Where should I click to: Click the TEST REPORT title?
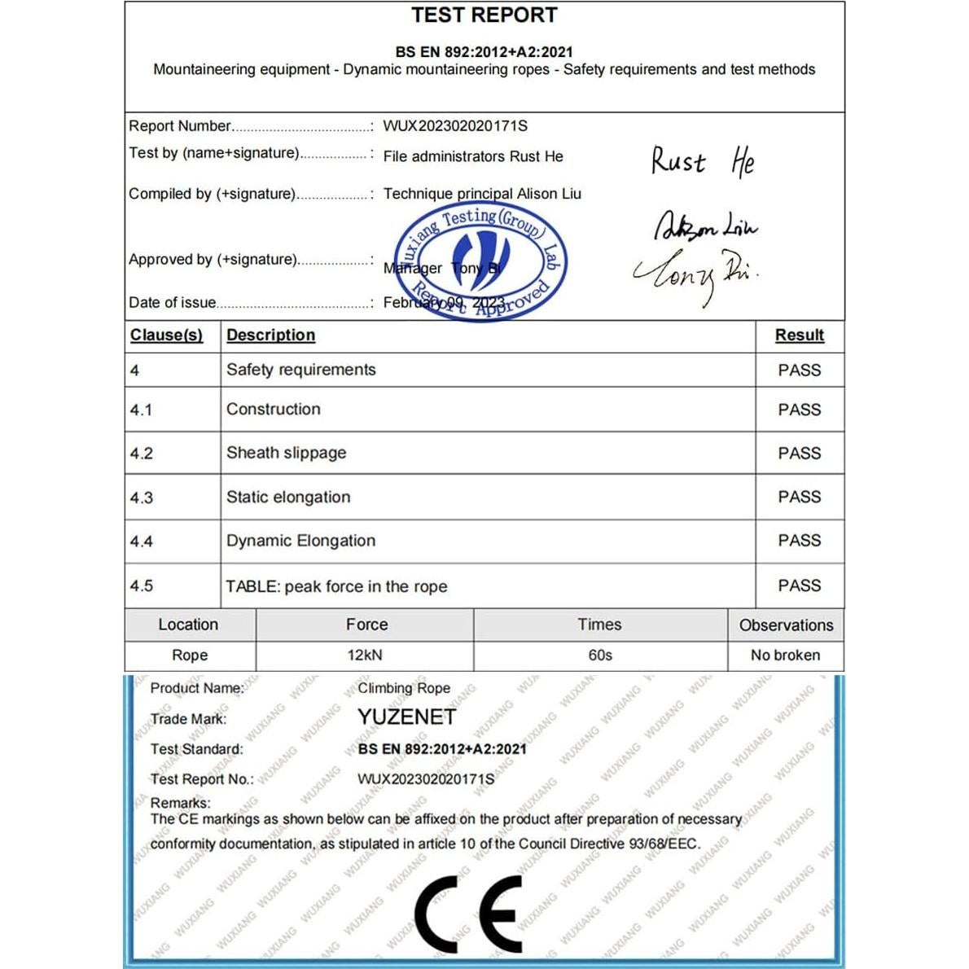click(x=484, y=15)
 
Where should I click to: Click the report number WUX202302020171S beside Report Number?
click(x=455, y=126)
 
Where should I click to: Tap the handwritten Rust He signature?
click(x=703, y=161)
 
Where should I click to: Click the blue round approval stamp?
click(x=480, y=261)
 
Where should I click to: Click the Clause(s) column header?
click(x=166, y=335)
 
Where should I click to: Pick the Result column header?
click(x=799, y=335)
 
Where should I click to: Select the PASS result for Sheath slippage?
click(x=799, y=454)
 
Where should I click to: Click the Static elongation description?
click(x=288, y=498)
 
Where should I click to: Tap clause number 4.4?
click(x=142, y=541)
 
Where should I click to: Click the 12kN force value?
click(x=364, y=655)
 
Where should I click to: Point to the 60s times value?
click(x=600, y=655)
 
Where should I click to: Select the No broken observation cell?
click(x=785, y=655)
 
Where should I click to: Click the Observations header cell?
click(x=786, y=625)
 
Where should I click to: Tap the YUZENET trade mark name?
click(x=406, y=717)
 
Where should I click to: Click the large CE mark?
click(x=468, y=914)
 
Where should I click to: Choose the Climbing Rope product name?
click(x=404, y=688)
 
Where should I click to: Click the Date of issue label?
click(x=173, y=303)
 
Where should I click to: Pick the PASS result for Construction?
click(x=799, y=410)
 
